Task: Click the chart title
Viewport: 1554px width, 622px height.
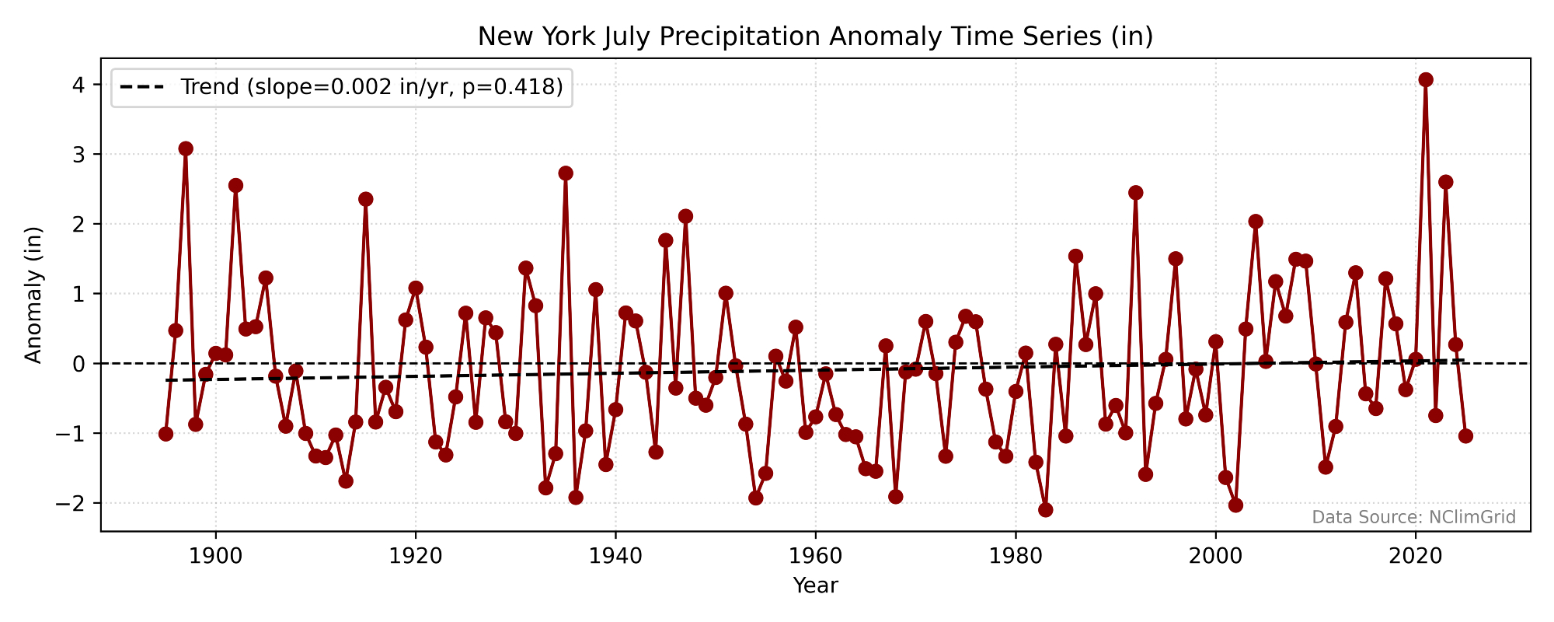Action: pyautogui.click(x=815, y=37)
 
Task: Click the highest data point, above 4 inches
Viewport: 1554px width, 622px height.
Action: pyautogui.click(x=1425, y=79)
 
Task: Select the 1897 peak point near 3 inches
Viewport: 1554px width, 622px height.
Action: pyautogui.click(x=186, y=149)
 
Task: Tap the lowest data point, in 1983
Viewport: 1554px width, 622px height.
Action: pyautogui.click(x=1045, y=510)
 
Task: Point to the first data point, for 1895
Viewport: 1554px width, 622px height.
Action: pyautogui.click(x=166, y=434)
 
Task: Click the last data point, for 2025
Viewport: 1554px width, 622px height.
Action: pyautogui.click(x=1465, y=436)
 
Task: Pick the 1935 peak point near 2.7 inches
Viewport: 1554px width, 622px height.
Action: pyautogui.click(x=566, y=173)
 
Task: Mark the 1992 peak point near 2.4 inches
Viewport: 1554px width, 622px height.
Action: pyautogui.click(x=1135, y=192)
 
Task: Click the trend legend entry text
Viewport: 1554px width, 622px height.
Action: pyautogui.click(x=371, y=87)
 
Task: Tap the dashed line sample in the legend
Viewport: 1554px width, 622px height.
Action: pyautogui.click(x=142, y=87)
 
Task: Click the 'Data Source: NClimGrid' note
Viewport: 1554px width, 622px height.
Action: pyautogui.click(x=1413, y=518)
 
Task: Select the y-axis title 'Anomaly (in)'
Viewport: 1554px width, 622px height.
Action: pyautogui.click(x=33, y=295)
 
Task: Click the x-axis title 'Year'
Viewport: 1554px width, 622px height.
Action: pyautogui.click(x=815, y=585)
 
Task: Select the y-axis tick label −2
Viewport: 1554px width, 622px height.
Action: pyautogui.click(x=72, y=503)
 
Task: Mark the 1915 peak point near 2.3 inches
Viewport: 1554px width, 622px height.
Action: pyautogui.click(x=365, y=199)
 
